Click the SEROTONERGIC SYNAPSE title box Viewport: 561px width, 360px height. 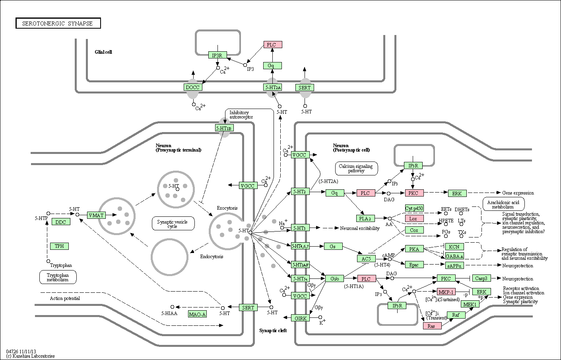tap(58, 23)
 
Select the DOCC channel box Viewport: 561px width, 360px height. tap(193, 87)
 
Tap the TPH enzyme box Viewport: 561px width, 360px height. tap(59, 246)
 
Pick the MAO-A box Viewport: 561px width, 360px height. tap(197, 314)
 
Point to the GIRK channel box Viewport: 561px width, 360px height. tap(300, 318)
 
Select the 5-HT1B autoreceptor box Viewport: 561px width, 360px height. tap(225, 128)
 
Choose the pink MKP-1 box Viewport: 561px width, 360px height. tap(446, 292)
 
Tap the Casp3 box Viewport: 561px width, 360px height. tap(481, 278)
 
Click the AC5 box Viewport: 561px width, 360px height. tap(367, 259)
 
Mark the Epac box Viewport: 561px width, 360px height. tap(414, 265)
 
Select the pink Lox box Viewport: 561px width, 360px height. tap(414, 218)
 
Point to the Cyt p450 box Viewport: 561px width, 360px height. tap(414, 208)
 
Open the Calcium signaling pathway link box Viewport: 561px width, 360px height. tap(356, 168)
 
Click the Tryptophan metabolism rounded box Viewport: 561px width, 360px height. tap(58, 277)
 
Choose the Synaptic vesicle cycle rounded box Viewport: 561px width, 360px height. tap(173, 224)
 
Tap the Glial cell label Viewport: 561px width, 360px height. tap(103, 52)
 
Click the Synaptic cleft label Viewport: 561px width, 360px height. tap(273, 331)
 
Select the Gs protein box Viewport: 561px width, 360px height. tap(333, 246)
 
